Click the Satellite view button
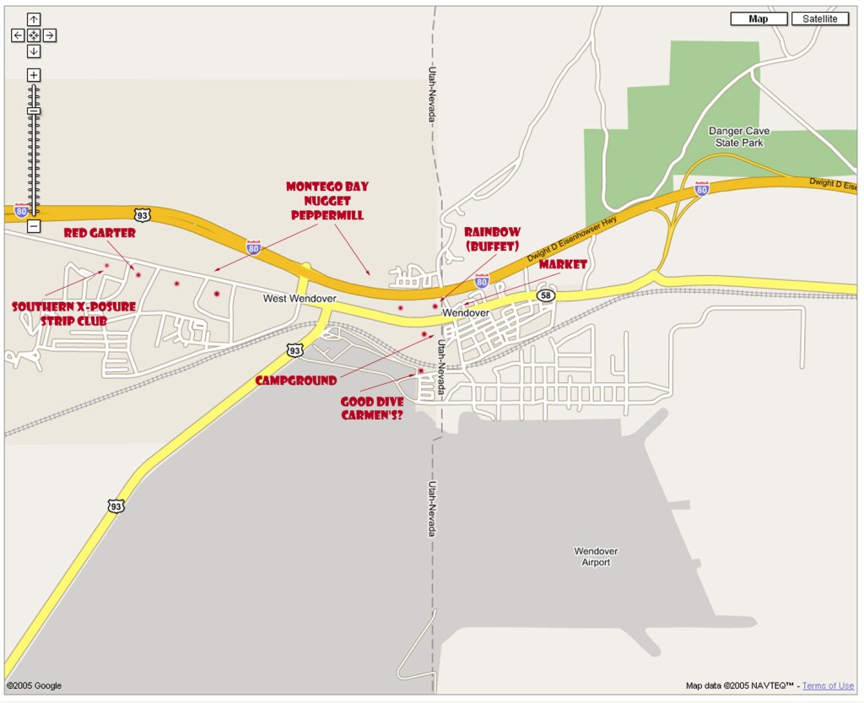point(819,19)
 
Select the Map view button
point(759,19)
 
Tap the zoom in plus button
point(34,75)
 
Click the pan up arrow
point(34,19)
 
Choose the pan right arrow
point(50,35)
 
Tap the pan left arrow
point(18,35)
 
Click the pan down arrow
point(34,51)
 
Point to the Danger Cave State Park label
point(739,137)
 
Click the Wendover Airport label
point(596,556)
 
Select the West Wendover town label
point(300,298)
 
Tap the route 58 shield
point(546,295)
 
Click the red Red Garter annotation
point(100,233)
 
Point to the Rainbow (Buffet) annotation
point(492,239)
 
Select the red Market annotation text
point(563,265)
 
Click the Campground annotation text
point(296,381)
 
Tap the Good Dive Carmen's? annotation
point(372,408)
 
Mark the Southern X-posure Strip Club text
point(73,313)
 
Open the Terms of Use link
point(828,686)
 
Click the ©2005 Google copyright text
point(35,686)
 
